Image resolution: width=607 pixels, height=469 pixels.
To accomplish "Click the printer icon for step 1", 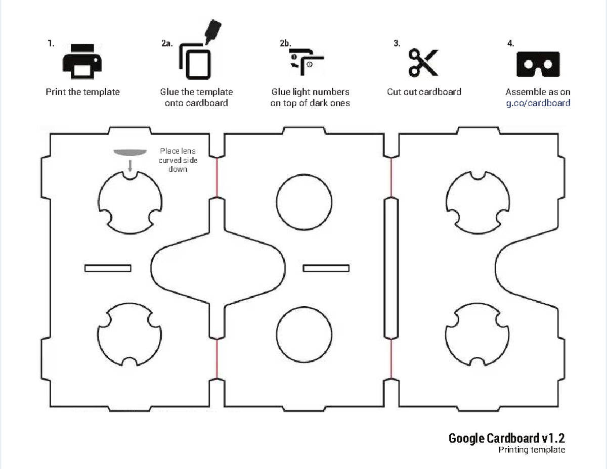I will pos(82,63).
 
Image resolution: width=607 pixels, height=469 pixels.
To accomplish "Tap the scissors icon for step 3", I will pos(423,63).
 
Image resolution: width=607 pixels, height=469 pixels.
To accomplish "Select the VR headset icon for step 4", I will pos(538,64).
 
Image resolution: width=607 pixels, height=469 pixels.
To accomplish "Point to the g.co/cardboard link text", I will pos(538,103).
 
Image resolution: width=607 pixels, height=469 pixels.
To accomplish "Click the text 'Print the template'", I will pos(82,92).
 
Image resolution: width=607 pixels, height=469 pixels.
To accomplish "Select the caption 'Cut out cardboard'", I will pos(424,92).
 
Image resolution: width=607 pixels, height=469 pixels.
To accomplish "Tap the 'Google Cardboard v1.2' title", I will pos(506,438).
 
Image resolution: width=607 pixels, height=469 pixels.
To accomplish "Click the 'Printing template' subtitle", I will pos(531,449).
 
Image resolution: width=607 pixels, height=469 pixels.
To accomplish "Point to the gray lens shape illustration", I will pos(129,152).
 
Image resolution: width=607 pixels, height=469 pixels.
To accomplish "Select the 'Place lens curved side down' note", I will pos(178,160).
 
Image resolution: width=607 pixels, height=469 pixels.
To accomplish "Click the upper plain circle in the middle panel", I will pos(304,202).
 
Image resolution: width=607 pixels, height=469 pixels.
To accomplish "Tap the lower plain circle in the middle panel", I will pos(304,334).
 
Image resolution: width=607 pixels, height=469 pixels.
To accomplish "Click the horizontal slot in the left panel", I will pos(108,268).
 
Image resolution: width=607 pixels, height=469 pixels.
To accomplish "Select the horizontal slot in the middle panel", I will pos(326,268).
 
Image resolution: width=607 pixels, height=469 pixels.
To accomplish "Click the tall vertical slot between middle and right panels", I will pos(391,268).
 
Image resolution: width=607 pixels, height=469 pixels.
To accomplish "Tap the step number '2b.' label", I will pos(285,43).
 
